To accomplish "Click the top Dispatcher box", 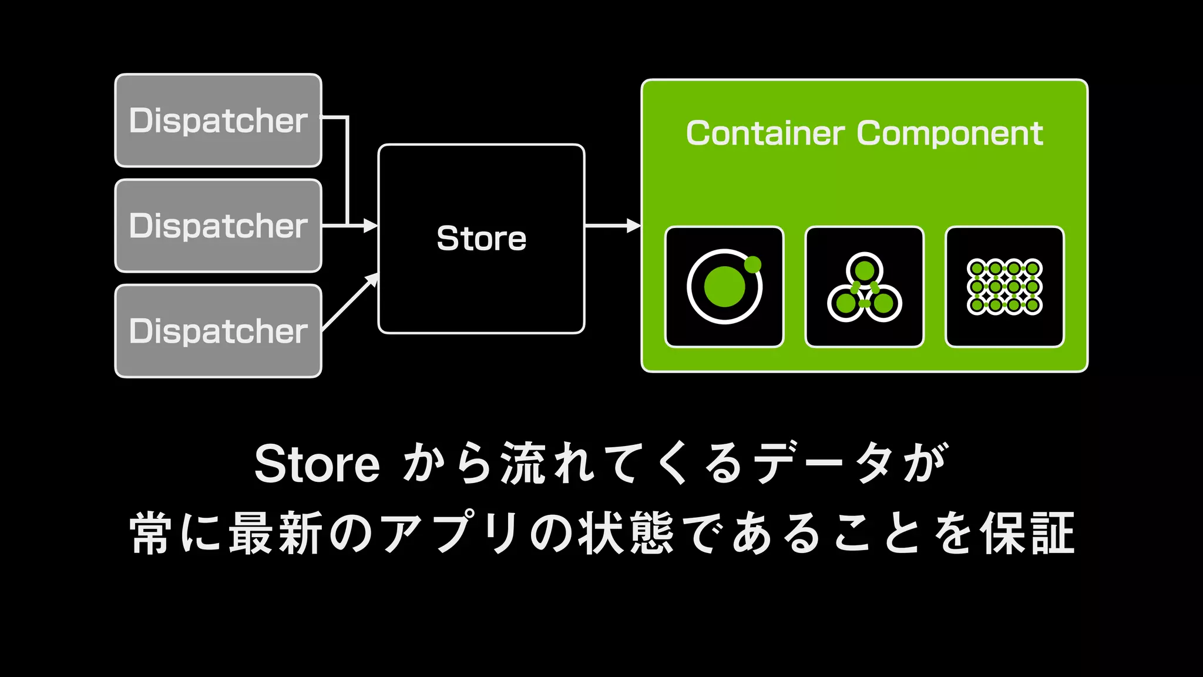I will (x=218, y=120).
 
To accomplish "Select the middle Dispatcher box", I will (x=218, y=226).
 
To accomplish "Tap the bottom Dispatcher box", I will (x=218, y=331).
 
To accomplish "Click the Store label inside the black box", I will (x=481, y=238).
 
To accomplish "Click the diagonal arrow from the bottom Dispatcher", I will (x=349, y=303).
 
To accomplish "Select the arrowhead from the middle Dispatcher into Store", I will (x=370, y=225).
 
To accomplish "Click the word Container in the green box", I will (x=765, y=133).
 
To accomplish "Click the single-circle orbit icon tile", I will (x=724, y=287).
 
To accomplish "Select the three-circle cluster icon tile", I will (x=864, y=287).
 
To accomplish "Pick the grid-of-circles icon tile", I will (x=1004, y=287).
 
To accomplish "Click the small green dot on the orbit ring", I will (x=752, y=264).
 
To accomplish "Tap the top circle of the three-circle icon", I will (x=864, y=270).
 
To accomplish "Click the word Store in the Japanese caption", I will (x=317, y=464).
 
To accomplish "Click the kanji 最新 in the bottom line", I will (x=276, y=534).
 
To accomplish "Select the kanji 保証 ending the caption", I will (x=1028, y=534).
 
